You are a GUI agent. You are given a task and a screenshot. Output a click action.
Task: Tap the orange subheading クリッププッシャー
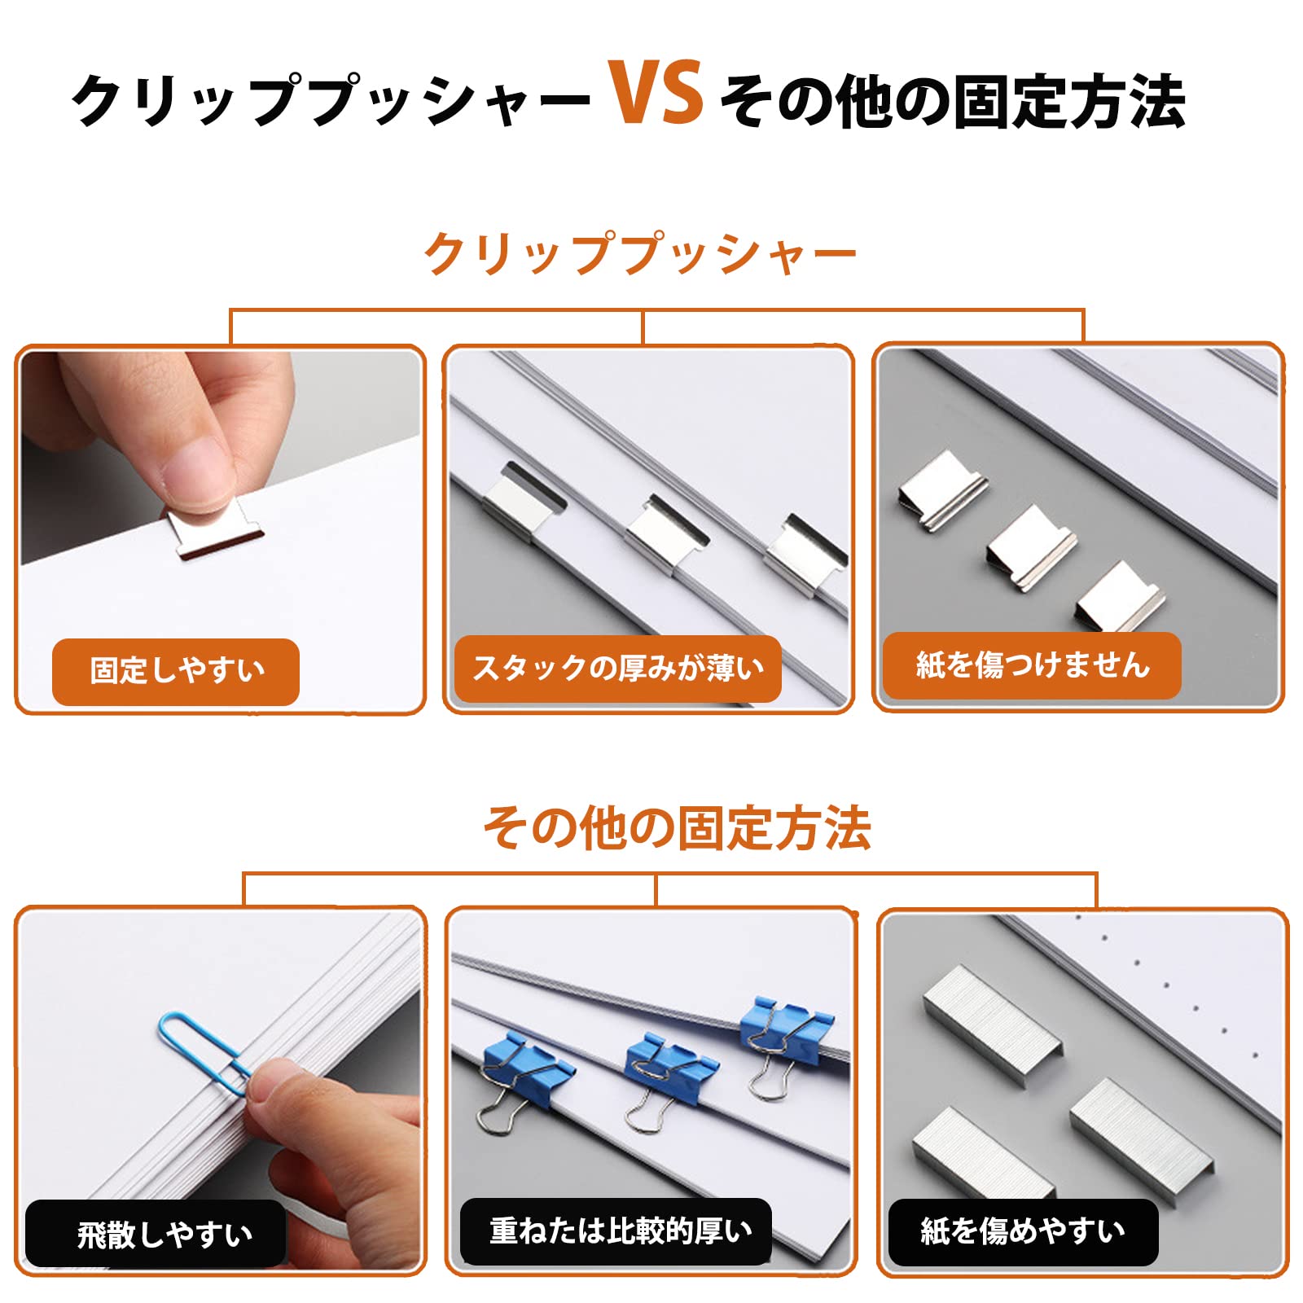(x=640, y=254)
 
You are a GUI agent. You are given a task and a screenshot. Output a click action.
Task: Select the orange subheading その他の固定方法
(x=678, y=829)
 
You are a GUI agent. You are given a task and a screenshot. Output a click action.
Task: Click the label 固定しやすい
(x=177, y=671)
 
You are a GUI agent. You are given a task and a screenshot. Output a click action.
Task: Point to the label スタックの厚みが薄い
(x=618, y=669)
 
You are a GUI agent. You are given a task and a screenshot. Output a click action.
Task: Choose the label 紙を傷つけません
(x=1032, y=665)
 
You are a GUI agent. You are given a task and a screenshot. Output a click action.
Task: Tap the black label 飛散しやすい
(x=164, y=1235)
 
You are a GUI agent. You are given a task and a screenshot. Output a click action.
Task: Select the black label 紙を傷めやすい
(x=1023, y=1231)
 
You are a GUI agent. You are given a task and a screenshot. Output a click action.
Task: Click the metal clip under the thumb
(x=216, y=533)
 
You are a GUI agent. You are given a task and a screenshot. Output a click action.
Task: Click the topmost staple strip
(x=993, y=1023)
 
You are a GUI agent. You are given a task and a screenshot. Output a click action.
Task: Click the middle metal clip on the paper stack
(x=665, y=534)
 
